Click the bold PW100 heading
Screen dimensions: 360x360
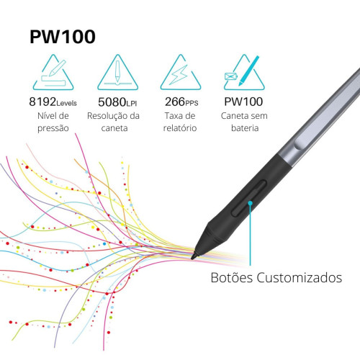point(63,37)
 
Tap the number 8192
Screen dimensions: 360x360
point(42,102)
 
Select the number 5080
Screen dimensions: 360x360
point(112,102)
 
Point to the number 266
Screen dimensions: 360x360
point(175,102)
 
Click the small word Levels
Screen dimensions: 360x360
point(66,103)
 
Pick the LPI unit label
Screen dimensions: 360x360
point(132,104)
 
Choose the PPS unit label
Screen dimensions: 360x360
point(192,103)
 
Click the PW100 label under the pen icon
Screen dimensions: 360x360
point(243,102)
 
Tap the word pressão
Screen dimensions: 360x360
point(53,128)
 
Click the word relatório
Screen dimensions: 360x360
point(180,127)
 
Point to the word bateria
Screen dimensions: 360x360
point(245,128)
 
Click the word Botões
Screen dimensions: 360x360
point(232,278)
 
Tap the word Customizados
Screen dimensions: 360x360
point(300,278)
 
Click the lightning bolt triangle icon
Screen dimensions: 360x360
point(181,73)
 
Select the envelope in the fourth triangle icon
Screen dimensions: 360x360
point(231,76)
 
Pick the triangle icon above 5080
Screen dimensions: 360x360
point(117,73)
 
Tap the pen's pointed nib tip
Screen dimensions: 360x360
point(192,258)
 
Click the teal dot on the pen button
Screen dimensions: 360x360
point(250,203)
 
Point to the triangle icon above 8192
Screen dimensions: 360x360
point(53,73)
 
